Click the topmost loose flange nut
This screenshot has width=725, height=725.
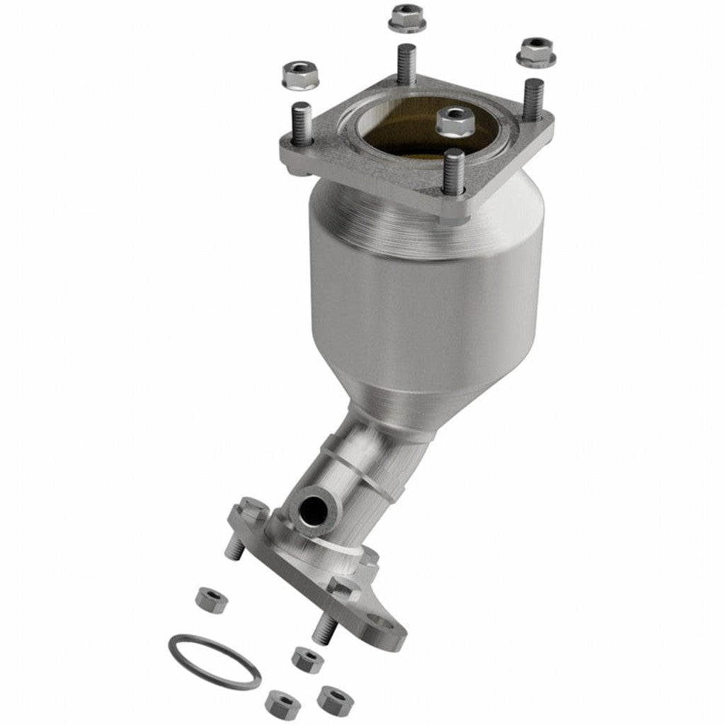click(x=407, y=17)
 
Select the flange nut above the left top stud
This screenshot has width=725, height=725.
click(x=300, y=74)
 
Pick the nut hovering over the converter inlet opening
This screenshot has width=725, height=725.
click(x=455, y=122)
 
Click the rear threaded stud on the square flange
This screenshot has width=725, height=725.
click(x=406, y=64)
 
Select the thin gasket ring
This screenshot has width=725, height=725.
click(x=214, y=661)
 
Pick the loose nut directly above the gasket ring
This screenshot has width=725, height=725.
click(x=211, y=600)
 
